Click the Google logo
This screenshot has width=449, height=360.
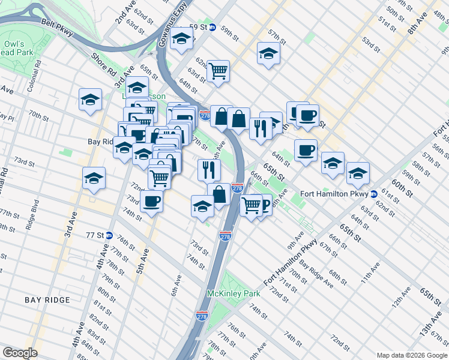20,353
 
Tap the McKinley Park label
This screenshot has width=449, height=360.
234,293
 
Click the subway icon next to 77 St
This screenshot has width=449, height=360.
109,235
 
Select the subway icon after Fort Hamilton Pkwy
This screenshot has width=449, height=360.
373,194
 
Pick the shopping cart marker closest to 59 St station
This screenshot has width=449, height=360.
218,71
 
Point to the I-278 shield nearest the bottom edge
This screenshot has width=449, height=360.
202,314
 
